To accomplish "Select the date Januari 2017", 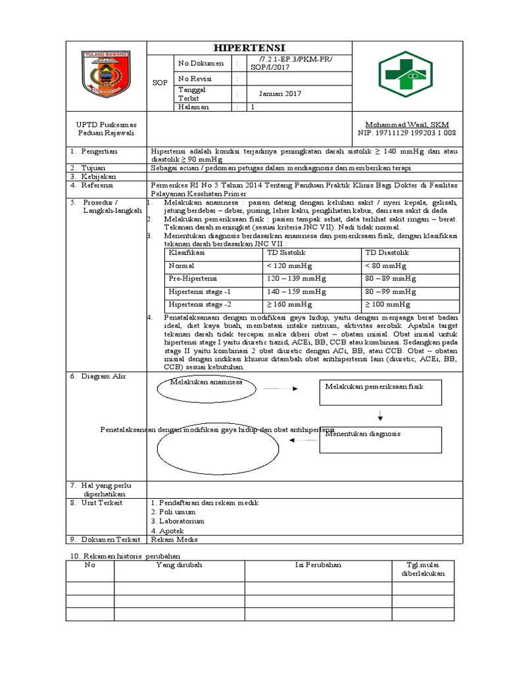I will point(279,94).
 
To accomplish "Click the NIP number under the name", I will point(406,133).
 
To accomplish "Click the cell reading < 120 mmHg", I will point(289,266).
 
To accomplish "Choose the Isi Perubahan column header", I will point(319,565).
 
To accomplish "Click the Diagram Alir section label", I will point(106,376).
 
